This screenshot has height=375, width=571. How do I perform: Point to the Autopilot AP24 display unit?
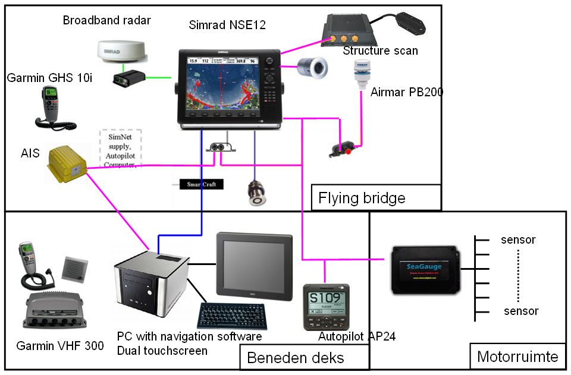(325, 305)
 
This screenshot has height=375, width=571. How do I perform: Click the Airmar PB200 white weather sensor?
(360, 74)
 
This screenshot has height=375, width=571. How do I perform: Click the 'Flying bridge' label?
(362, 197)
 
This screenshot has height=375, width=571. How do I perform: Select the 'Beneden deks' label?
(295, 358)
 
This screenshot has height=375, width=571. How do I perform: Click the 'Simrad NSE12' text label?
(227, 25)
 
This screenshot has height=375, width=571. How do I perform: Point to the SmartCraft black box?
(202, 184)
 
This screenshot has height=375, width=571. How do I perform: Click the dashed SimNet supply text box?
(121, 148)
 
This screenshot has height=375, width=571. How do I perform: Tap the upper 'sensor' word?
(519, 240)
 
